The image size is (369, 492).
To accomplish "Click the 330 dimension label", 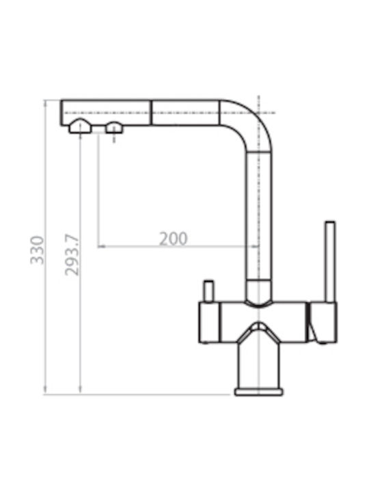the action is pyautogui.click(x=38, y=250).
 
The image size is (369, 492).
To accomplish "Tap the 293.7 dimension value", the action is pyautogui.click(x=72, y=254).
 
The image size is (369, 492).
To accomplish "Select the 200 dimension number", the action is pyautogui.click(x=173, y=238).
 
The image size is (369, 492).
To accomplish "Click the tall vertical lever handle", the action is pyautogui.click(x=330, y=262).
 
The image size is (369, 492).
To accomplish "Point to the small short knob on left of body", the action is pyautogui.click(x=208, y=291).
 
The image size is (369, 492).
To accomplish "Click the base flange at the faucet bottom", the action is pyautogui.click(x=258, y=392).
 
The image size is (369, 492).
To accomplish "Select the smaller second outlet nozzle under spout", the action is pyautogui.click(x=114, y=127).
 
